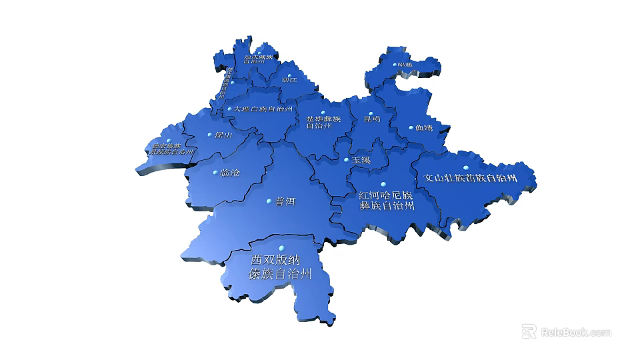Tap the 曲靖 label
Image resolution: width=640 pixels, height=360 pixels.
coord(423,128)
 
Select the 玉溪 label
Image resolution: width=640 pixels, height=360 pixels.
coord(361,161)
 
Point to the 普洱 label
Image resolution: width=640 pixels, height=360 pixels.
coord(285,201)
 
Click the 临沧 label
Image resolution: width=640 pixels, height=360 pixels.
coord(230,173)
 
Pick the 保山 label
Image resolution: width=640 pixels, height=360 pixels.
coord(223,135)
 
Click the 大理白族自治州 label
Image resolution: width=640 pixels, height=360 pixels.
coord(263,109)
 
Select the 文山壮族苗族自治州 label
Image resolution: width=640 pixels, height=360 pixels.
coord(471,179)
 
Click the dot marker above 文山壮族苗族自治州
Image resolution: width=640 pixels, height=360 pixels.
coord(467,167)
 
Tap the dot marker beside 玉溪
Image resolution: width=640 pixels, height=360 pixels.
coord(346,160)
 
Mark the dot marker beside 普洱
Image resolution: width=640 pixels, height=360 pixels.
coord(269,201)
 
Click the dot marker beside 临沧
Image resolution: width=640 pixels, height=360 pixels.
coord(215,173)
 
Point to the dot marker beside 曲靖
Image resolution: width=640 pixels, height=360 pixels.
coord(409,127)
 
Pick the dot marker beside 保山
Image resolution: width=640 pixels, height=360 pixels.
coord(209,135)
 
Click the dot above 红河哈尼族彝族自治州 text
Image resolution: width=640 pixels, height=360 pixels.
coord(383,185)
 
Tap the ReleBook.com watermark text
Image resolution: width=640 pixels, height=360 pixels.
coord(576,332)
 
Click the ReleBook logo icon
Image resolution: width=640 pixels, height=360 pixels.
coord(529,331)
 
